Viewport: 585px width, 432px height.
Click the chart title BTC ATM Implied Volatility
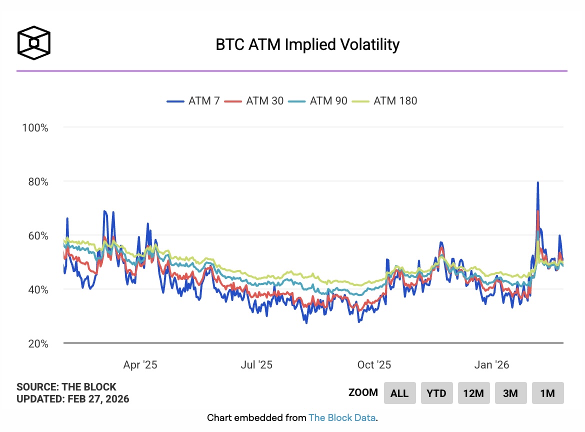coord(307,44)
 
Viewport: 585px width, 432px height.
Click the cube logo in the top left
coord(34,42)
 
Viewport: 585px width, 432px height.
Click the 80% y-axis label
coord(37,181)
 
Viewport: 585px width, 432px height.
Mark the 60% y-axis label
coord(37,235)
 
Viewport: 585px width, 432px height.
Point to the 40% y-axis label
coord(37,289)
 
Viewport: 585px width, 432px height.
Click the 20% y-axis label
coord(37,343)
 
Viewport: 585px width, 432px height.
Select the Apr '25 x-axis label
coord(140,364)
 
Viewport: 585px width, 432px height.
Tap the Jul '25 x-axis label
coord(256,364)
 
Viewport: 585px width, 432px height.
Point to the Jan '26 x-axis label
coord(491,364)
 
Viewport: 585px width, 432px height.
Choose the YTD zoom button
coord(436,393)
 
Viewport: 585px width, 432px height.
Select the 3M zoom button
coord(510,393)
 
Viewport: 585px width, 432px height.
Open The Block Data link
coord(342,417)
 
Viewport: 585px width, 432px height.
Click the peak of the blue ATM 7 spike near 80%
coord(537,182)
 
